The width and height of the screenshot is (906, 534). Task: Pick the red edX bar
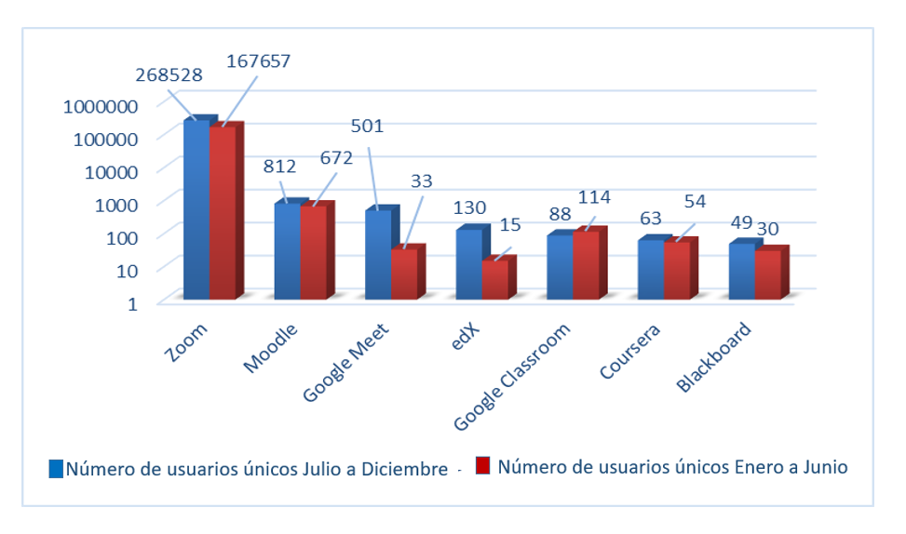tap(494, 279)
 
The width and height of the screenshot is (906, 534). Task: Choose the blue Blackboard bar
tap(741, 271)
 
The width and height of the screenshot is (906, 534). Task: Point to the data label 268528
tap(169, 73)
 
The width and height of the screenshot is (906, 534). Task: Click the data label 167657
tap(259, 61)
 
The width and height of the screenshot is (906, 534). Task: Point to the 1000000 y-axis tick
tap(101, 105)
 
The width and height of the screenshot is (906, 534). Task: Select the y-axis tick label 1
tap(132, 302)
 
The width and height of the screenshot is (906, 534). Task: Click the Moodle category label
tap(271, 348)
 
